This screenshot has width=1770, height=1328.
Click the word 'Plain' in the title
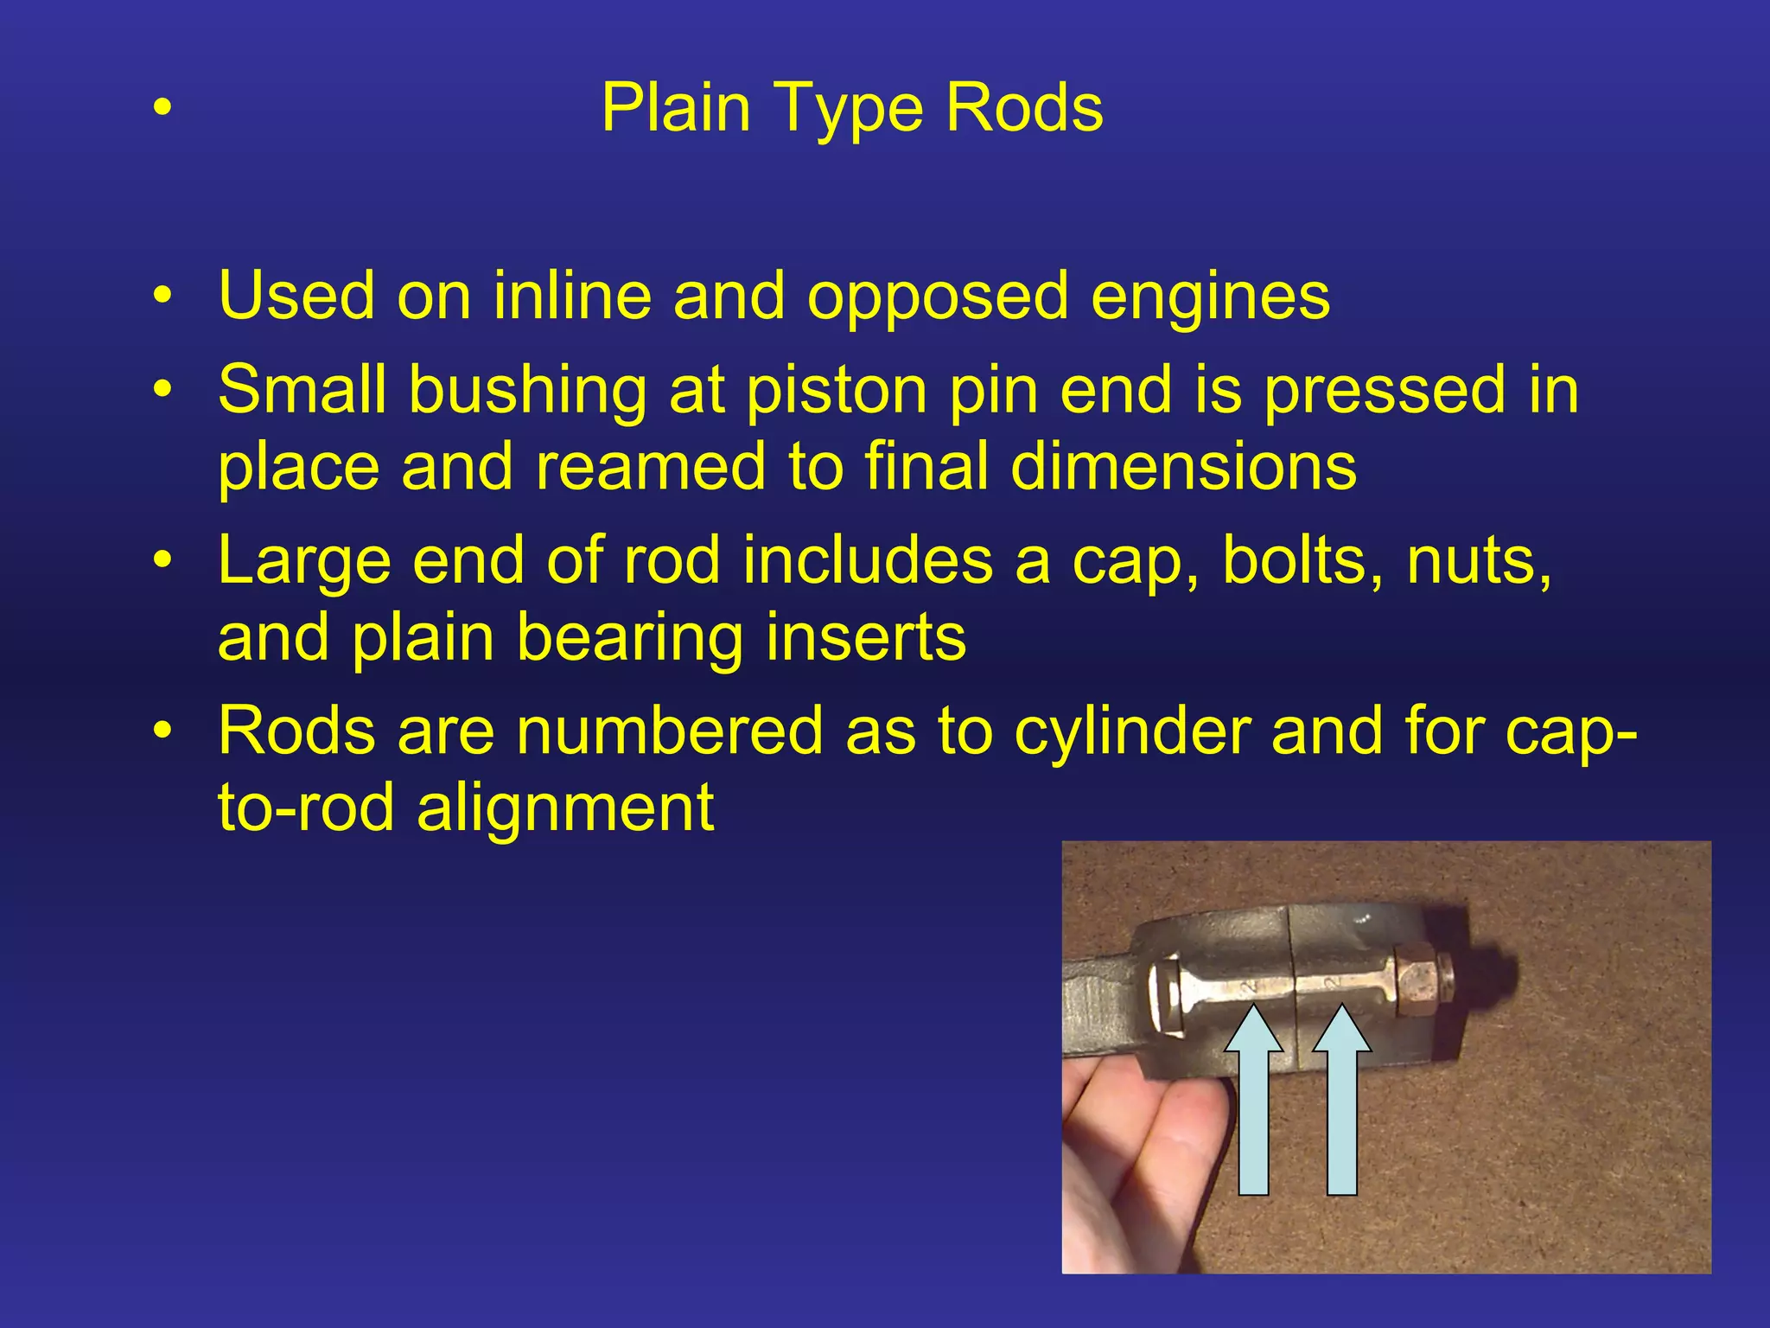pos(675,108)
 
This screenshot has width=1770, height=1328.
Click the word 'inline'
pos(571,297)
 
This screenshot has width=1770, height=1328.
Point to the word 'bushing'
pos(527,391)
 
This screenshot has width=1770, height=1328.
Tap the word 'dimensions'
pos(1183,467)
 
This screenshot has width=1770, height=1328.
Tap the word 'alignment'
pos(564,808)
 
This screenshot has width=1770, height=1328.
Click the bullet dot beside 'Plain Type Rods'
pos(162,109)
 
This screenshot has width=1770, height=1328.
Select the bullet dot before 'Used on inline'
pos(162,297)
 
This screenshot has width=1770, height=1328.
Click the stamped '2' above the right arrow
pos(1334,983)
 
